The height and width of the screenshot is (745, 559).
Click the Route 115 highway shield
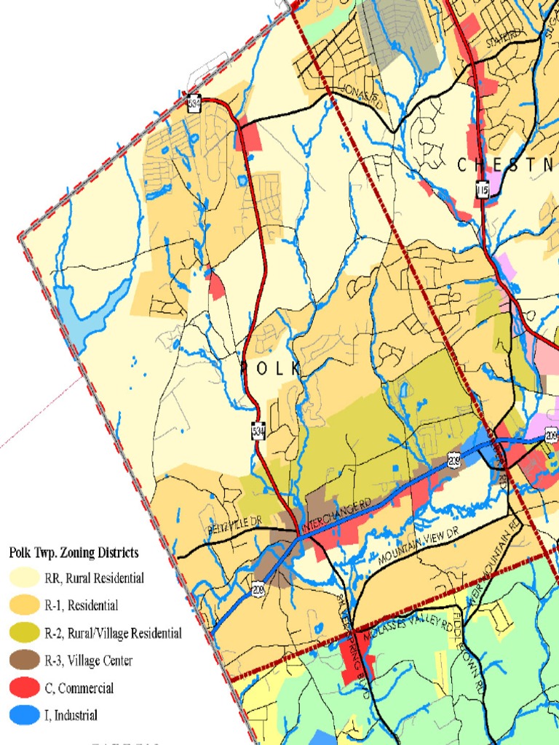482,190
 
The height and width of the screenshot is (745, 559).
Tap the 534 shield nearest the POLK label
258,431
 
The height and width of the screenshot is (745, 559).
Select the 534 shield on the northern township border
194,104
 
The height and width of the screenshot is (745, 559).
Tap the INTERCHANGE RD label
336,514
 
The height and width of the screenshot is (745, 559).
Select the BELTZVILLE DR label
234,528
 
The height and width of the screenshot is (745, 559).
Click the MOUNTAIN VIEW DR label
421,548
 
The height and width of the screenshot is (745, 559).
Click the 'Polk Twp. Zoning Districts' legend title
74,553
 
